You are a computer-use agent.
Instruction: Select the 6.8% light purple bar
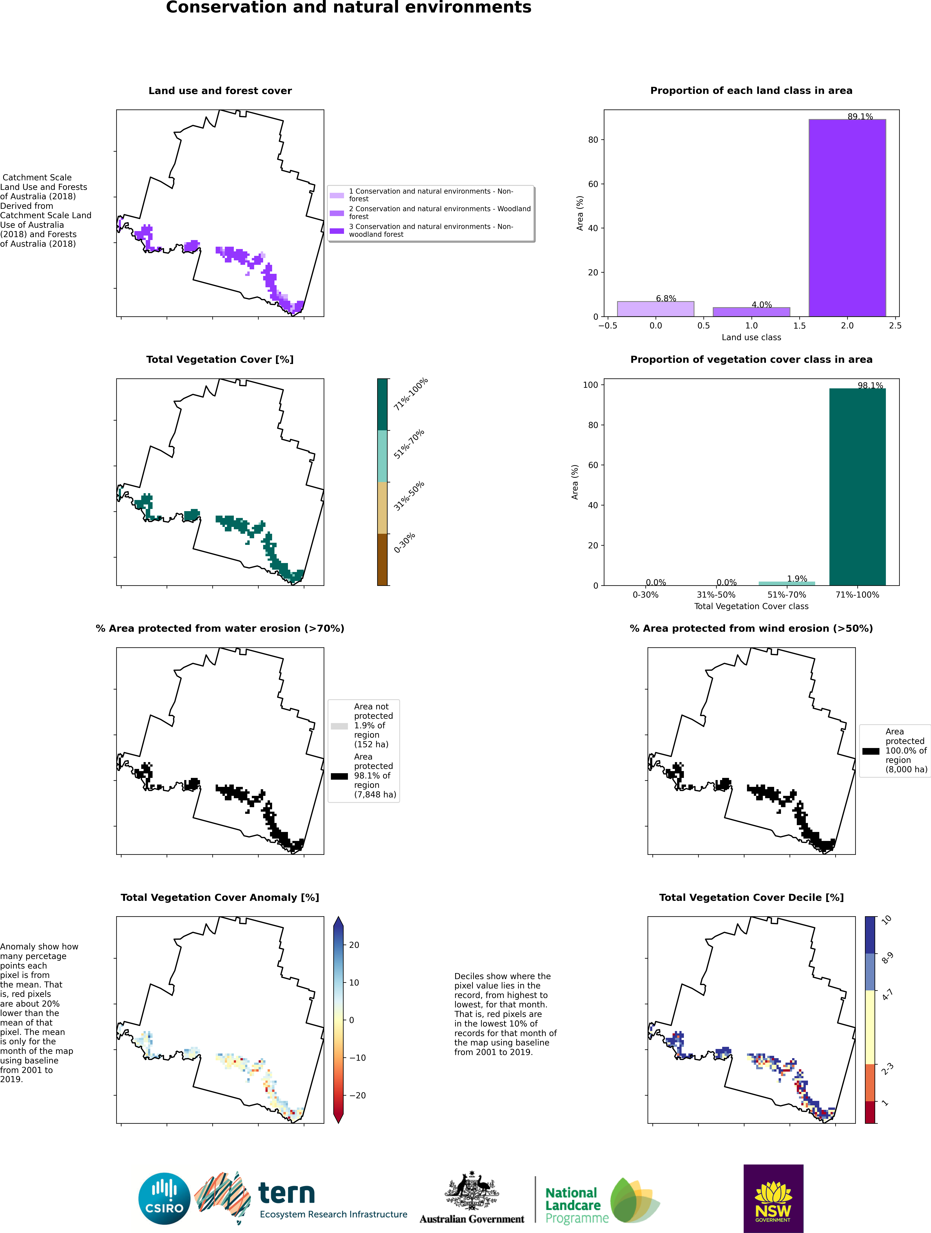coord(655,309)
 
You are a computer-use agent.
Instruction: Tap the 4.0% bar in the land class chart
coord(751,312)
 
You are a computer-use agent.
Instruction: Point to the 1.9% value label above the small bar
coord(797,579)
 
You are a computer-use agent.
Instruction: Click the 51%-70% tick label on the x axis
coord(786,595)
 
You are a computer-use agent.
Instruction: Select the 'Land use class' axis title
coord(751,337)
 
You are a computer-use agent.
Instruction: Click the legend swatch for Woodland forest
coord(337,213)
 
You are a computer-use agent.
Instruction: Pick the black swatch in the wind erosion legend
coord(871,751)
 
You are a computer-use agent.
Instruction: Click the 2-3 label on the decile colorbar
coord(887,1068)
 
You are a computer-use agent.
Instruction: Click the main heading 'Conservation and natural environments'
coord(349,7)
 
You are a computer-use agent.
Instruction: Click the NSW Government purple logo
coord(773,1198)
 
